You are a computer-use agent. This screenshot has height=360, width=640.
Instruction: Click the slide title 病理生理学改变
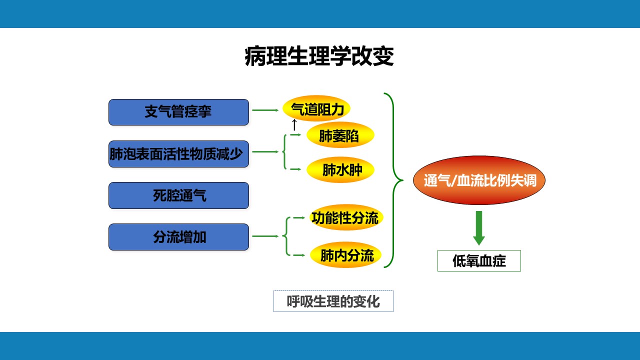[x=319, y=57]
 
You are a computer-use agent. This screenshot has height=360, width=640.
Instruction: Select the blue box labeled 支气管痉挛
[x=178, y=112]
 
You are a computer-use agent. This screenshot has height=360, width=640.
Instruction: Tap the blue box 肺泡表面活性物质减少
[x=178, y=154]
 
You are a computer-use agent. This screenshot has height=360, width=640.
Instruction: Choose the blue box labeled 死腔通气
[x=178, y=195]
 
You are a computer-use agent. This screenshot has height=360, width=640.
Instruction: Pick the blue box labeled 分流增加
[x=178, y=237]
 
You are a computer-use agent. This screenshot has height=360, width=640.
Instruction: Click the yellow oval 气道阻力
[x=316, y=108]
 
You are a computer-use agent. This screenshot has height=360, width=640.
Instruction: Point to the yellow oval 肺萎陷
[x=340, y=135]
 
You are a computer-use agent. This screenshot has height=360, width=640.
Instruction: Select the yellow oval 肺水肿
[x=340, y=170]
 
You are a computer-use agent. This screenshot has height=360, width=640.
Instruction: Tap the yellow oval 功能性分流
[x=346, y=217]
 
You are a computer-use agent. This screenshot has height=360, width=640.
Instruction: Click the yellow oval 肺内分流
[x=346, y=256]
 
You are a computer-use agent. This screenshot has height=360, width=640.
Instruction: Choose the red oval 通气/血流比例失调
[x=479, y=180]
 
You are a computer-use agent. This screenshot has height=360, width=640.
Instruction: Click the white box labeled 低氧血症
[x=479, y=260]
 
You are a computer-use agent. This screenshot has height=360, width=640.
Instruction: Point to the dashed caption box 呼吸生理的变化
[x=333, y=301]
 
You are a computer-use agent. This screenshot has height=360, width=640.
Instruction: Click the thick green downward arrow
[x=479, y=227]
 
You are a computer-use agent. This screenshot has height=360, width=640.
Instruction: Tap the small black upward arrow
[x=294, y=124]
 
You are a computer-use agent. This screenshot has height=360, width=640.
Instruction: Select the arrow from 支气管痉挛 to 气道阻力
[x=265, y=110]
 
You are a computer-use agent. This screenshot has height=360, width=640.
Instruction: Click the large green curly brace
[x=393, y=180]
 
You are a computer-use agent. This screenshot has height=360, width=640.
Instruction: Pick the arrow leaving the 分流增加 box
[x=265, y=236]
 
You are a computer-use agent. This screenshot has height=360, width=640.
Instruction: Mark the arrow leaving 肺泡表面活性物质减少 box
[x=265, y=151]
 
